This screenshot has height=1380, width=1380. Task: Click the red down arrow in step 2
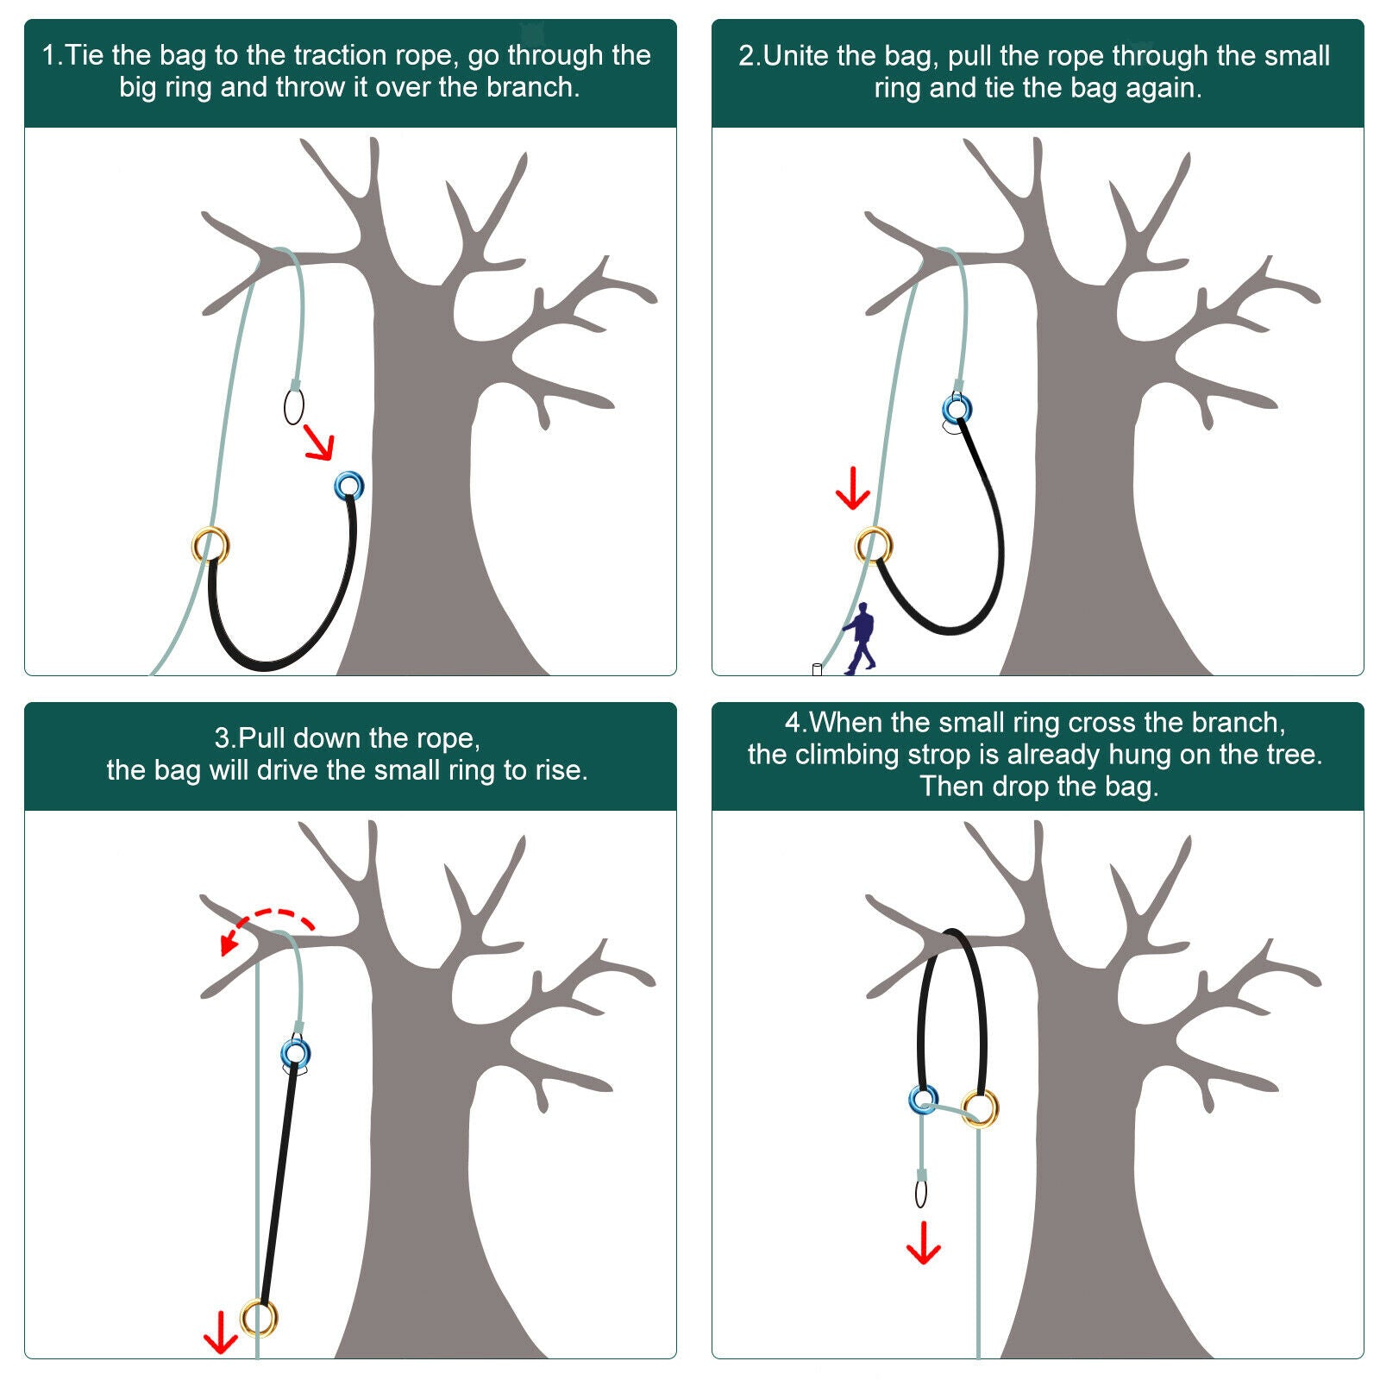(853, 488)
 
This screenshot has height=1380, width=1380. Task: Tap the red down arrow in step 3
(220, 1333)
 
